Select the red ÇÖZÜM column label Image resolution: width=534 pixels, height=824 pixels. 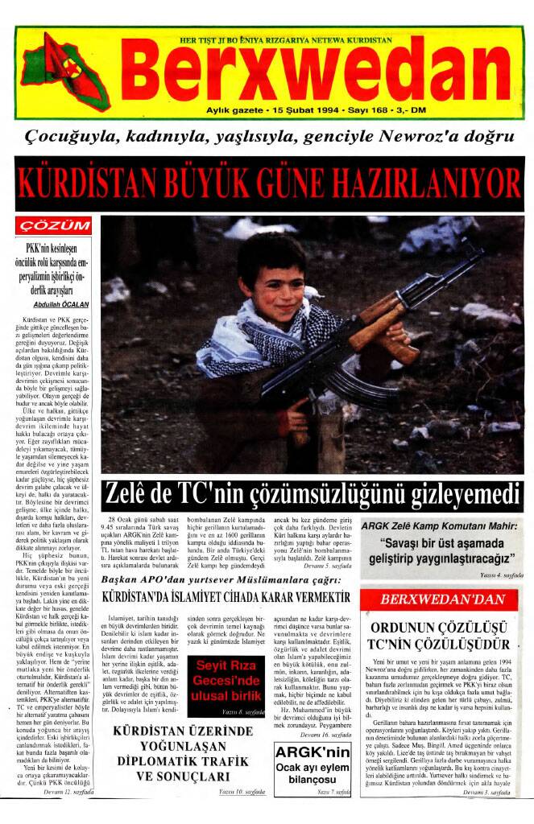pos(56,225)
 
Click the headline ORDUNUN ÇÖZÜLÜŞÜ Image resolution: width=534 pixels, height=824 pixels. pos(439,631)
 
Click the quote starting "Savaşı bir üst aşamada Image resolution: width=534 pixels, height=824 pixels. pos(440,550)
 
